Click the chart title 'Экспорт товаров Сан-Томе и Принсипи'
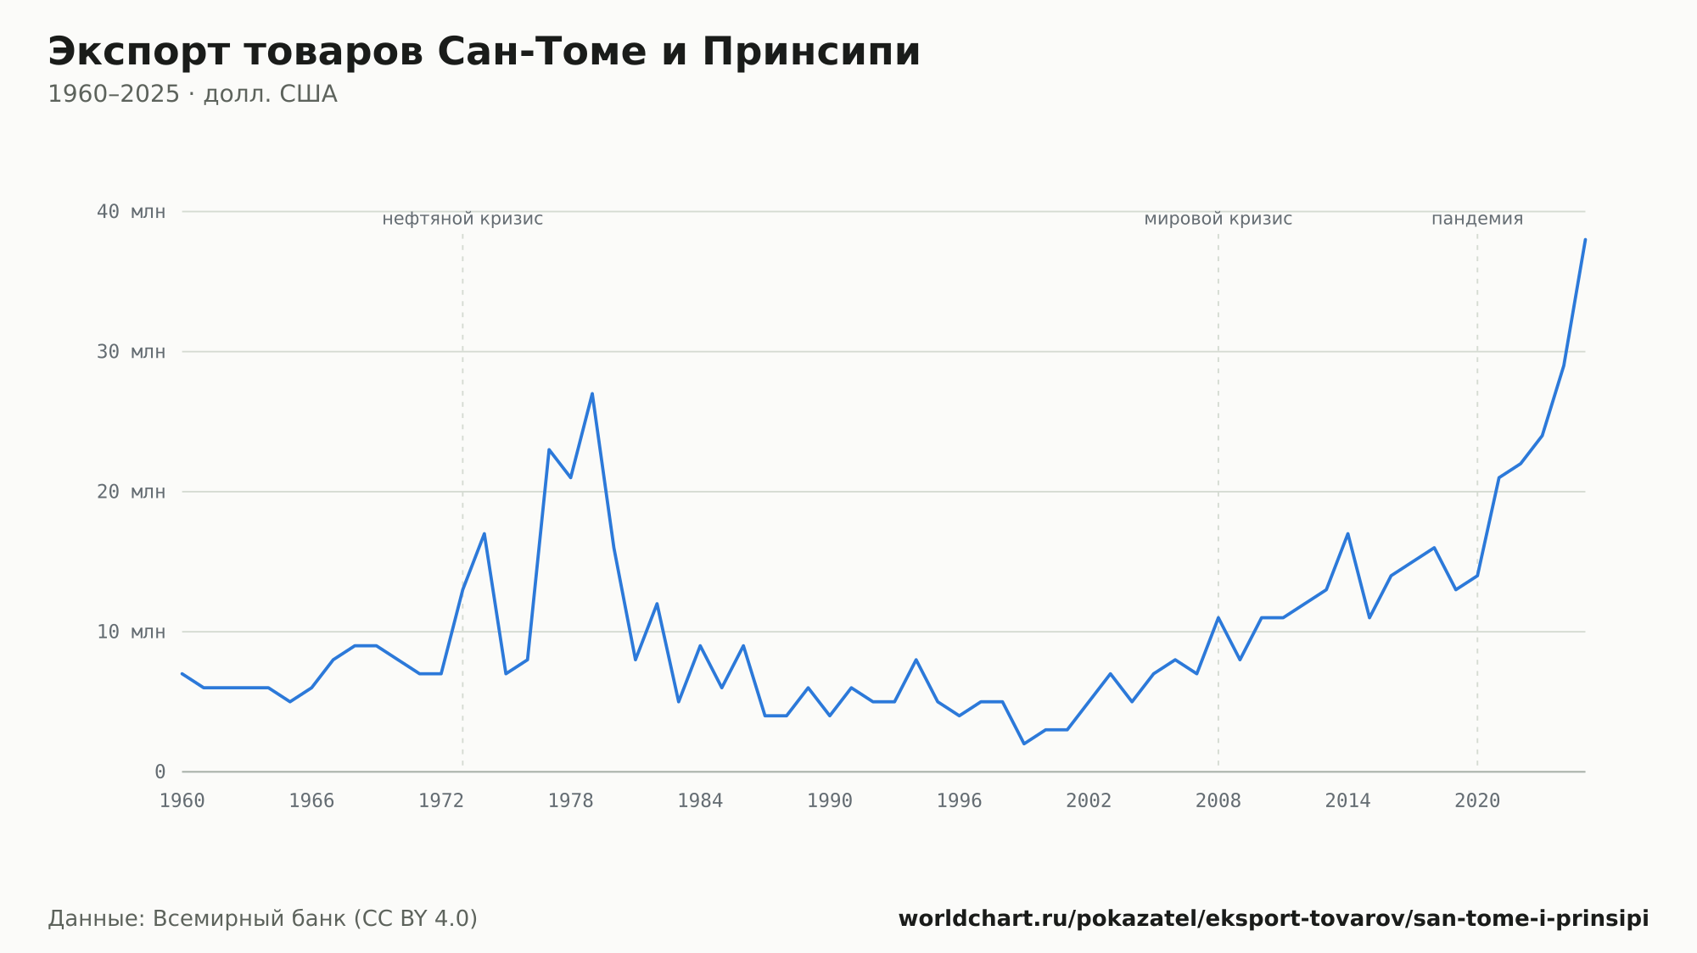click(484, 53)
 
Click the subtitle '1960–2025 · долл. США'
click(193, 94)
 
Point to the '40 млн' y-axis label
click(131, 212)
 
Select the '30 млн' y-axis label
click(131, 352)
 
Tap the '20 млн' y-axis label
click(131, 492)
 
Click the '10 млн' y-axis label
click(131, 632)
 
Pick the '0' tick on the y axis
click(160, 772)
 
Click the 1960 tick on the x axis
click(182, 801)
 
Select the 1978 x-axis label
click(570, 801)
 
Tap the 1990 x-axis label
click(830, 801)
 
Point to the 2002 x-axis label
click(1089, 801)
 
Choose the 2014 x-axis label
click(1347, 801)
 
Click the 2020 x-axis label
click(1477, 801)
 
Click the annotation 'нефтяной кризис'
click(462, 219)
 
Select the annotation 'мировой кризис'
click(1218, 219)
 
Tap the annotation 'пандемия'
click(1477, 219)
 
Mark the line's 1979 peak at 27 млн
click(592, 393)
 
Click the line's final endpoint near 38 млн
click(1585, 239)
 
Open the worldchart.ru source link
click(1274, 919)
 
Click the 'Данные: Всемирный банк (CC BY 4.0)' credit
click(263, 919)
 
